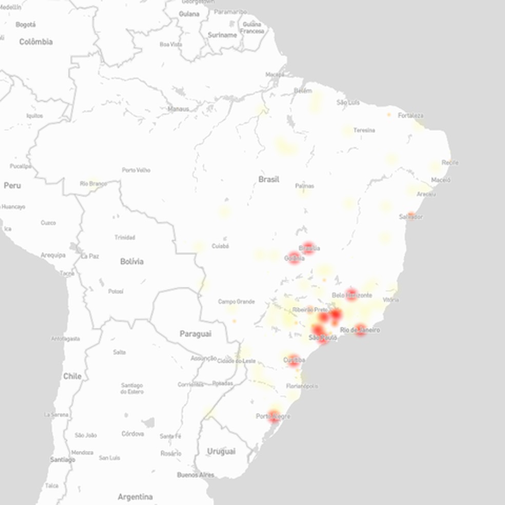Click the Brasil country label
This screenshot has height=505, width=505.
pyautogui.click(x=269, y=179)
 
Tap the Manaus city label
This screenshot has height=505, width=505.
pyautogui.click(x=178, y=109)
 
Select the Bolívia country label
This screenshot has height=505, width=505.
pyautogui.click(x=131, y=261)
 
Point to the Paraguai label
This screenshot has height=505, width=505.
pyautogui.click(x=195, y=334)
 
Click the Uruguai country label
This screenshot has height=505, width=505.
pyautogui.click(x=221, y=451)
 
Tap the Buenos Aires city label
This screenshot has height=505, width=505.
pyautogui.click(x=196, y=475)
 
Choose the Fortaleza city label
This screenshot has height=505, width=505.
pyautogui.click(x=411, y=115)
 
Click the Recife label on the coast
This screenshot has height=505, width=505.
pyautogui.click(x=450, y=163)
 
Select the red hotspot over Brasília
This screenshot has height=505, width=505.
pyautogui.click(x=308, y=248)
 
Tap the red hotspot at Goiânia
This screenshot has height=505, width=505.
pyautogui.click(x=295, y=257)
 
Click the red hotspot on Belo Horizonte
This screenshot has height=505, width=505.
pyautogui.click(x=352, y=294)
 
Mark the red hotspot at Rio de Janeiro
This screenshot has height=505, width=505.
pyautogui.click(x=360, y=329)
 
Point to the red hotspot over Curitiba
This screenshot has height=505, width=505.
pyautogui.click(x=294, y=360)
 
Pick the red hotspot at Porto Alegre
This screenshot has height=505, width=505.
pyautogui.click(x=275, y=416)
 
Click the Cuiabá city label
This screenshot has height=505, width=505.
pyautogui.click(x=220, y=246)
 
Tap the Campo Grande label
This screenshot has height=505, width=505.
pyautogui.click(x=236, y=302)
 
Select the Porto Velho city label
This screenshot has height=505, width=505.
pyautogui.click(x=136, y=170)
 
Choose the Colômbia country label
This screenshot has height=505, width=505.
pyautogui.click(x=36, y=42)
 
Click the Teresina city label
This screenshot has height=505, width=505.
pyautogui.click(x=364, y=130)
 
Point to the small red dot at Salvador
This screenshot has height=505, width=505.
pyautogui.click(x=411, y=215)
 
